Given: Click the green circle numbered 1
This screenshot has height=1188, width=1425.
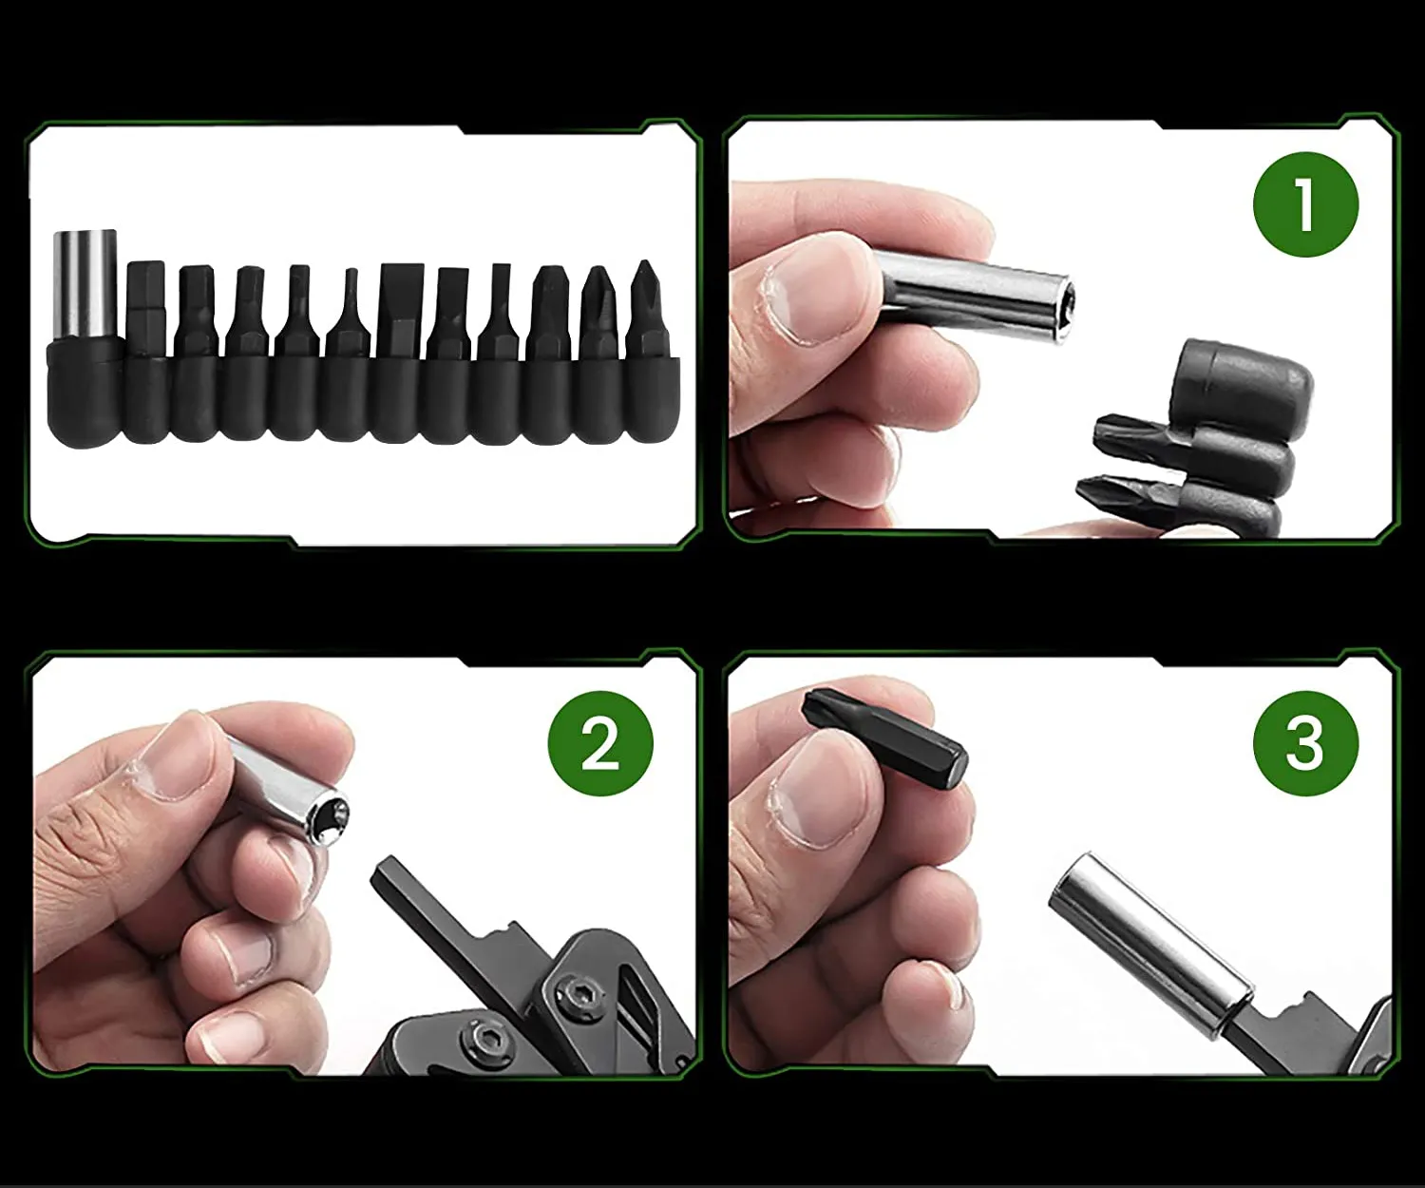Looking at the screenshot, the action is (1305, 204).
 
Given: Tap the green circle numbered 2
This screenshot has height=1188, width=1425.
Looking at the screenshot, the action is (600, 743).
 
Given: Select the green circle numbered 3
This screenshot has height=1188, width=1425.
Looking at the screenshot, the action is (1305, 743).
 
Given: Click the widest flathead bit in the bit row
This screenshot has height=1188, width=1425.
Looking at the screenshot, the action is (401, 311).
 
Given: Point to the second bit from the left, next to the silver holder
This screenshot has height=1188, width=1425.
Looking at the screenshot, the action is (146, 308).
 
